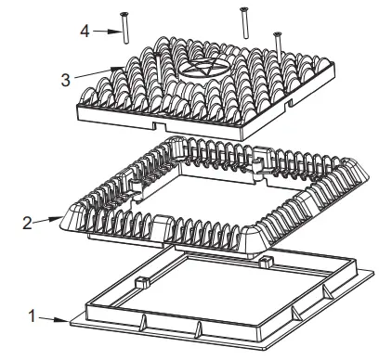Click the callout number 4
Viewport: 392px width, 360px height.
tap(85, 31)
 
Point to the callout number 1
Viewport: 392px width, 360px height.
tap(34, 315)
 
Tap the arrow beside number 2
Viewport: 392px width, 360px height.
tap(49, 220)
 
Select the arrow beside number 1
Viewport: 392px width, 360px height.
tap(56, 318)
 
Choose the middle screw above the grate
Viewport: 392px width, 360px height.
tap(244, 22)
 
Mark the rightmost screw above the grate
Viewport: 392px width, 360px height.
tap(276, 42)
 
